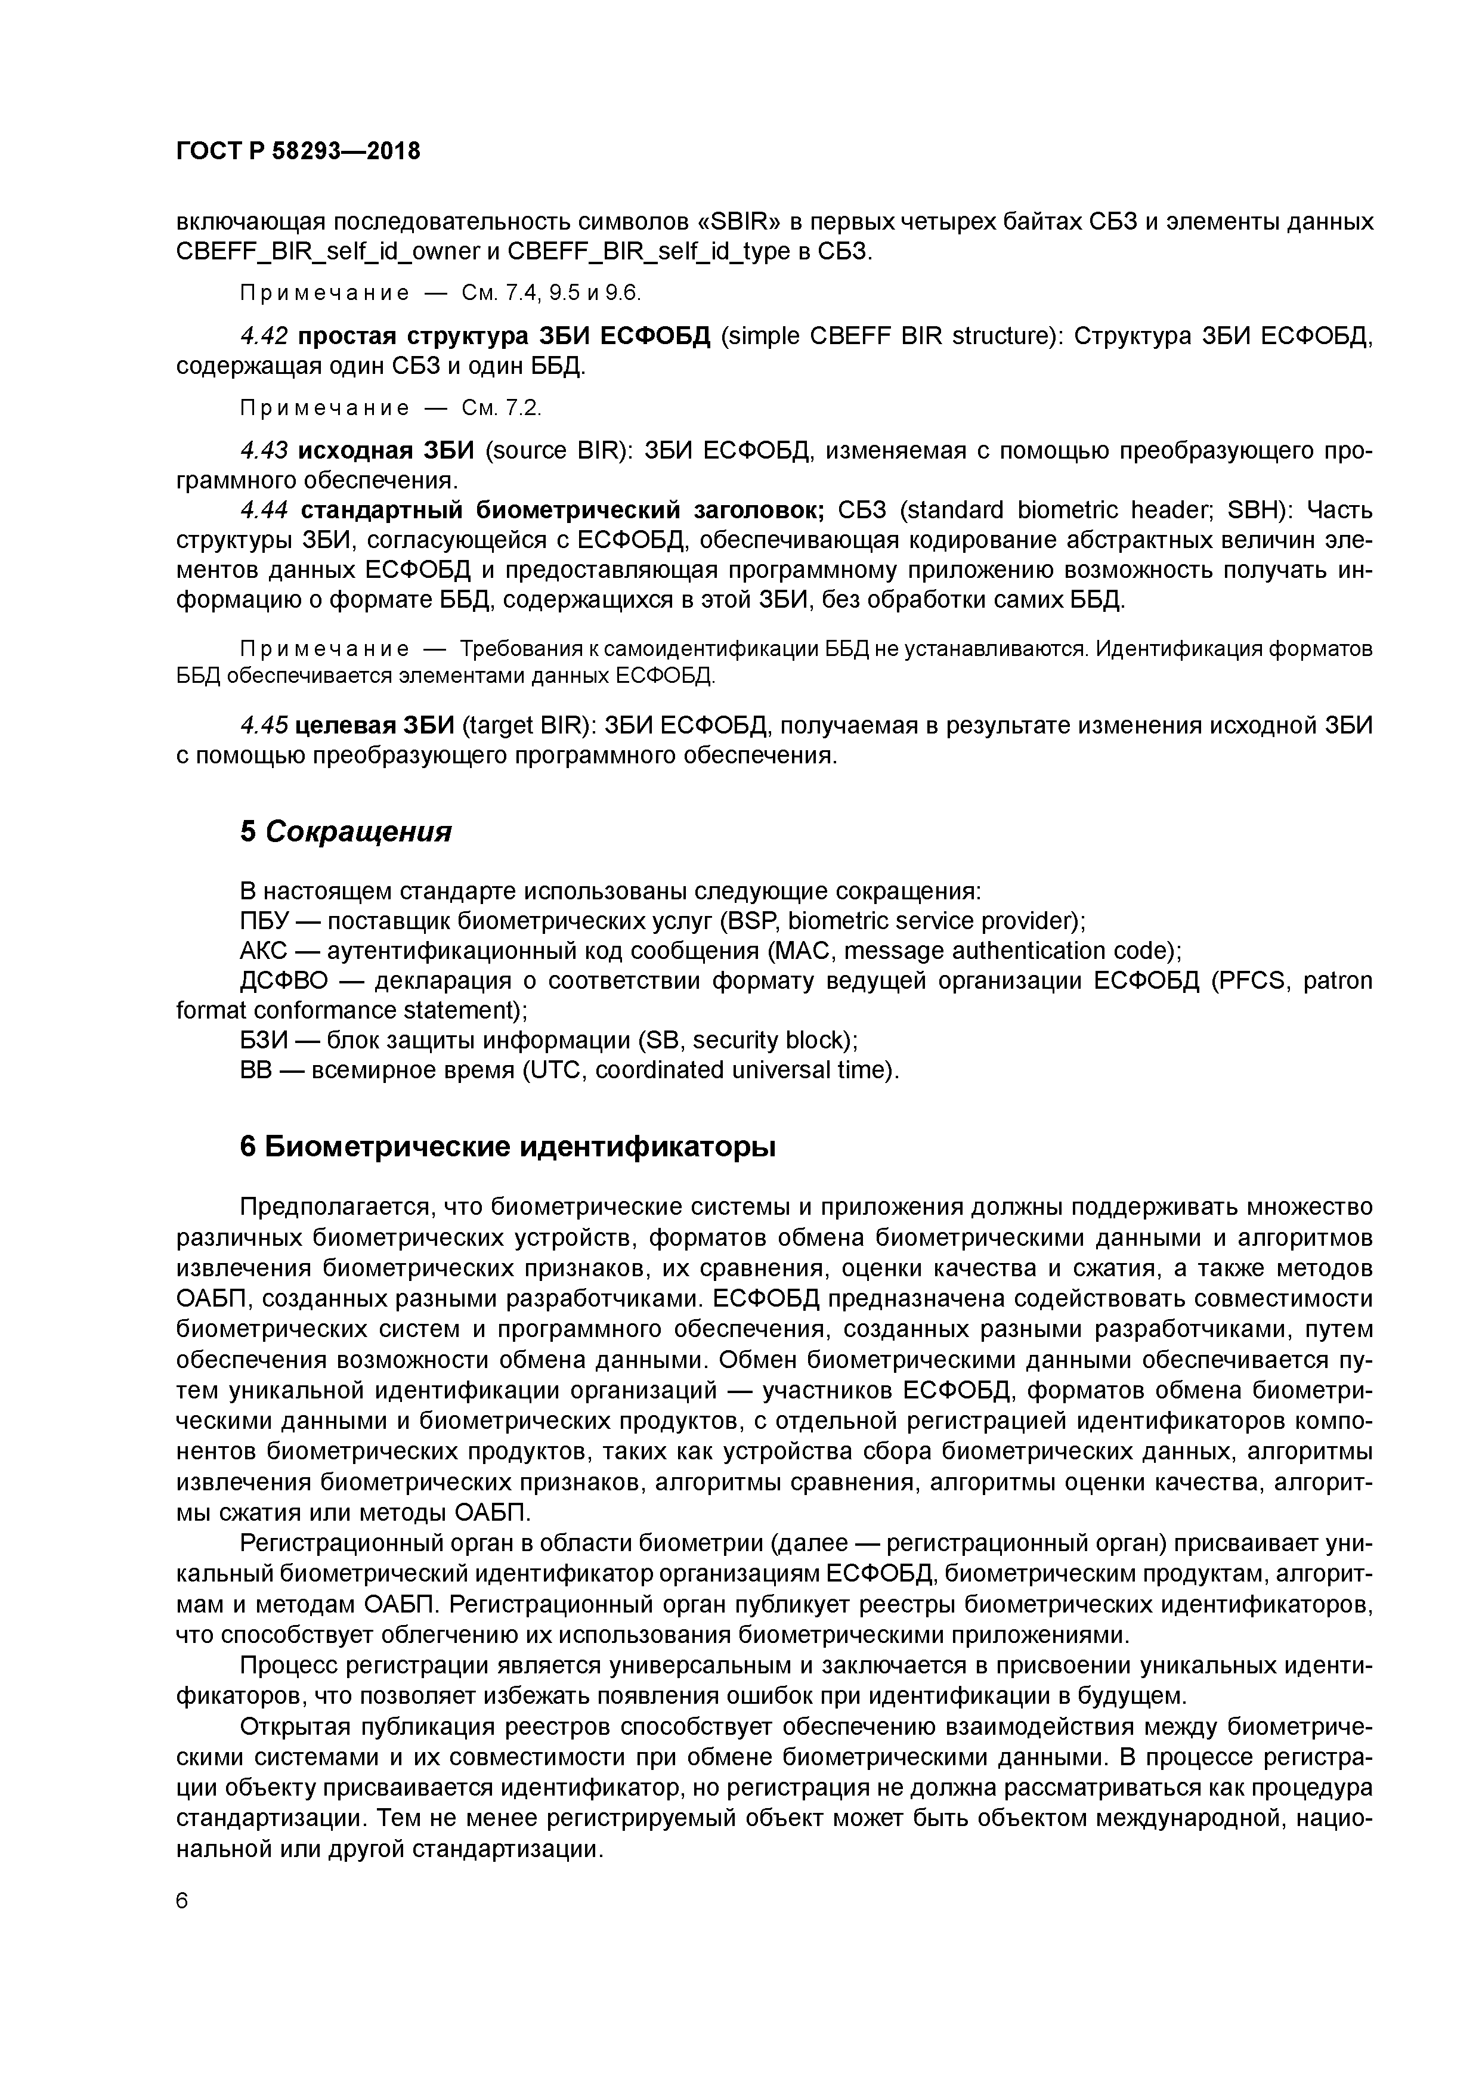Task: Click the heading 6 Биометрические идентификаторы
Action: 508,1147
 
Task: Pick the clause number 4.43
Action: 264,450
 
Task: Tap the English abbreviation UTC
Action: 556,1070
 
